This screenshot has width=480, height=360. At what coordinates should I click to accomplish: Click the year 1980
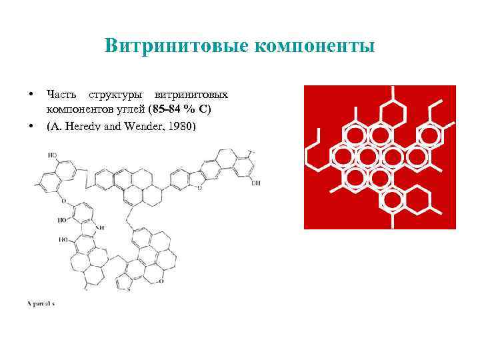[x=181, y=124]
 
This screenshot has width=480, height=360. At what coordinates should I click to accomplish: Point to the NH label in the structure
[x=101, y=227]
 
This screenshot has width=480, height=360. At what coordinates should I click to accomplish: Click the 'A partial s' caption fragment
[x=41, y=303]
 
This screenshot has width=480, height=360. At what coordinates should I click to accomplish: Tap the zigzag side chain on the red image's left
[x=316, y=150]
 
